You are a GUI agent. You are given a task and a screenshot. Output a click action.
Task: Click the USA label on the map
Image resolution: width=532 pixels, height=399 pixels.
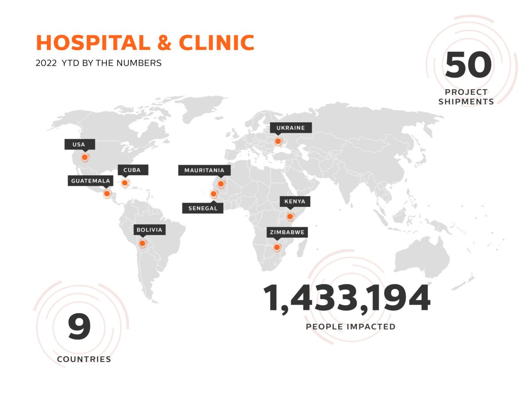[78, 145]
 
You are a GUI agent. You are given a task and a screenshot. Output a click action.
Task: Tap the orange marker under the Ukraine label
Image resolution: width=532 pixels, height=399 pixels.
[278, 141]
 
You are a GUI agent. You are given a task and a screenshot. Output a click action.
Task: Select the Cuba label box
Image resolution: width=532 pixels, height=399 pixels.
[133, 170]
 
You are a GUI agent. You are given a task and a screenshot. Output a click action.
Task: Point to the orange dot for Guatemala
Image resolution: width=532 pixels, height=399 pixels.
[106, 194]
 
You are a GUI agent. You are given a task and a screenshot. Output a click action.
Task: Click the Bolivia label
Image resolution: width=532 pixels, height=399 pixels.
[150, 230]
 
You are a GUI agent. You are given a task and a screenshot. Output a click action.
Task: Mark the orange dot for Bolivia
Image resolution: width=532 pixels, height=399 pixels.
[142, 243]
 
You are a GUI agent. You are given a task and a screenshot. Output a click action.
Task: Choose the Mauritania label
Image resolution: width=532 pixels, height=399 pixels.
[204, 170]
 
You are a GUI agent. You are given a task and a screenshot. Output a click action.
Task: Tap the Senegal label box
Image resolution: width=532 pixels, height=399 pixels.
[203, 208]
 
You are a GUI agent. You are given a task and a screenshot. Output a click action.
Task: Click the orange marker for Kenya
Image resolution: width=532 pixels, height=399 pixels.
[290, 216]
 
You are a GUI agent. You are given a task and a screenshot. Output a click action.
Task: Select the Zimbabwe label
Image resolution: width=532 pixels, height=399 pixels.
[286, 231]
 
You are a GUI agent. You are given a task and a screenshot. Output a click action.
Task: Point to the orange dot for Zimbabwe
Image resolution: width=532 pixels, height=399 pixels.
[277, 247]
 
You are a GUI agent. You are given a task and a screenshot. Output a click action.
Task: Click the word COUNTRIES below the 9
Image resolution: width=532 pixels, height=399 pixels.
[84, 359]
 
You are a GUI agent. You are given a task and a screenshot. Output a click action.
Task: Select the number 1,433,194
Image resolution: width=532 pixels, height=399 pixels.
[347, 298]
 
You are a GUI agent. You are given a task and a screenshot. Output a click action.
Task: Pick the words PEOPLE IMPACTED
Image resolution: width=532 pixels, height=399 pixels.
[350, 327]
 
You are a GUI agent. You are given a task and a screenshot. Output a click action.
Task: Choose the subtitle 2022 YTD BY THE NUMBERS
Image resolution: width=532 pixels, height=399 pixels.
[98, 63]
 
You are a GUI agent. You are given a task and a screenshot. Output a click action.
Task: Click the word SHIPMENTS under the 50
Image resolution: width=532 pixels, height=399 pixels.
[466, 102]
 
